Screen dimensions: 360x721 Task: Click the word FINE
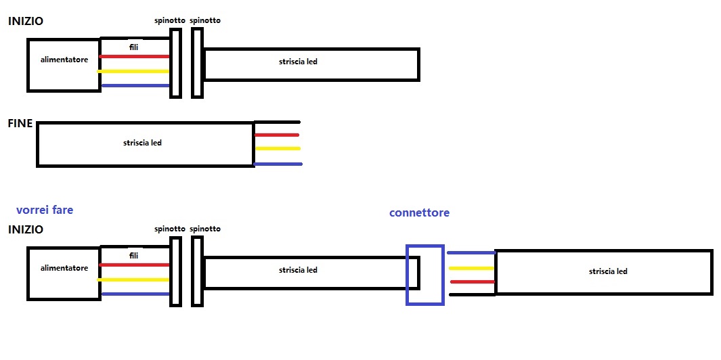(x=20, y=125)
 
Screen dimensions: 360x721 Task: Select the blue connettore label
(x=419, y=212)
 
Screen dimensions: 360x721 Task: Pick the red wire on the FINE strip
(x=277, y=135)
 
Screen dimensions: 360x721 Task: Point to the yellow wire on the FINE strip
(x=277, y=148)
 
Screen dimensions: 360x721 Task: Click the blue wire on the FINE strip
(x=278, y=164)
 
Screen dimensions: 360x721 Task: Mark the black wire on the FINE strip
(x=277, y=122)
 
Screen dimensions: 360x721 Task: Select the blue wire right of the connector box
(x=471, y=253)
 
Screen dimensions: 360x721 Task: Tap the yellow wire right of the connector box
(x=471, y=268)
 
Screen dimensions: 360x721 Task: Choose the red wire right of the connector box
(x=473, y=282)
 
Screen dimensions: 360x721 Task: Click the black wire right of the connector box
(x=473, y=294)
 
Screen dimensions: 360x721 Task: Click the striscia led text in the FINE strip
(x=142, y=143)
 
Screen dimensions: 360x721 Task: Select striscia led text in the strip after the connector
(x=608, y=271)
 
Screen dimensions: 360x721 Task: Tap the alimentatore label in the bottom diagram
(x=64, y=268)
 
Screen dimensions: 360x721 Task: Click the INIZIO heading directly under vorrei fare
(x=25, y=229)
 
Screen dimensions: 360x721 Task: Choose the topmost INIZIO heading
(x=25, y=21)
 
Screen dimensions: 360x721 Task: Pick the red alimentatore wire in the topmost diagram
(x=134, y=56)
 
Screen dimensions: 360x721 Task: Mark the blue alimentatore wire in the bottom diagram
(x=134, y=294)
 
